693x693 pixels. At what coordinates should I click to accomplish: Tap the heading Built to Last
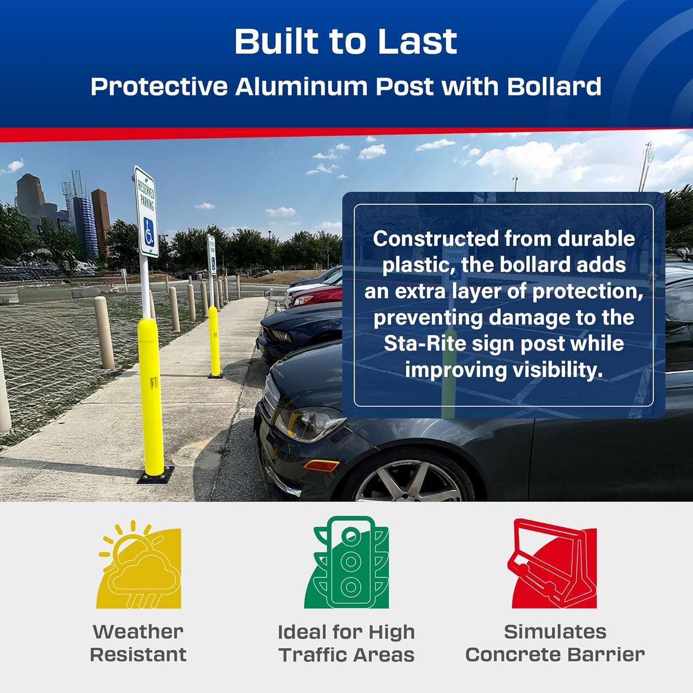pyautogui.click(x=346, y=42)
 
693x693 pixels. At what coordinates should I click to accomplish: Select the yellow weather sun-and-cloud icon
pyautogui.click(x=139, y=566)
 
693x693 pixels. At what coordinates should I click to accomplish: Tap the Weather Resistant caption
pyautogui.click(x=138, y=643)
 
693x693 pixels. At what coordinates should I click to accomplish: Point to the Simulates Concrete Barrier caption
pyautogui.click(x=555, y=643)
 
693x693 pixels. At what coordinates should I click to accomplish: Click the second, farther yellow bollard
pyautogui.click(x=214, y=341)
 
